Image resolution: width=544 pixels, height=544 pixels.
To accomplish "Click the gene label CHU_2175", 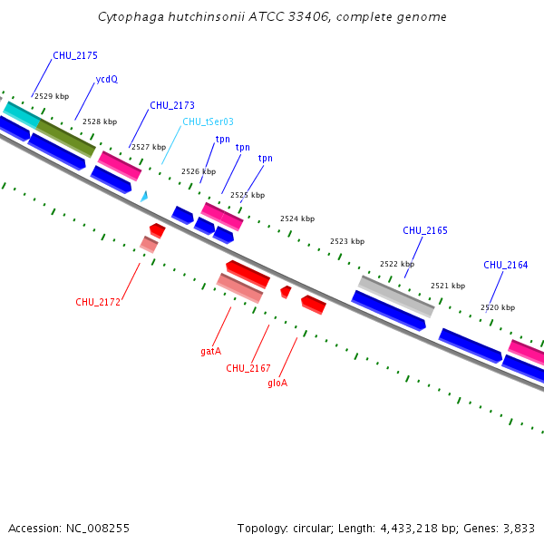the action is [x=75, y=55].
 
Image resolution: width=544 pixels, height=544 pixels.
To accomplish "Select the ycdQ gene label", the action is [x=107, y=79].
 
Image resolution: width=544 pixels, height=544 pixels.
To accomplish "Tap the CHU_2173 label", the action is [x=172, y=105].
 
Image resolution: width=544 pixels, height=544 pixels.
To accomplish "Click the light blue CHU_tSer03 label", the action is [x=208, y=121].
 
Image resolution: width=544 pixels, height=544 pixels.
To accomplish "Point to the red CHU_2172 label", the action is [x=98, y=302].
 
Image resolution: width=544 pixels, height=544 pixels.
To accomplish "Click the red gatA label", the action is [x=211, y=350].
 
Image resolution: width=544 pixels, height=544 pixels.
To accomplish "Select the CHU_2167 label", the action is [x=248, y=367].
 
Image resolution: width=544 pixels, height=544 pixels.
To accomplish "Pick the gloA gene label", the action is [x=277, y=383].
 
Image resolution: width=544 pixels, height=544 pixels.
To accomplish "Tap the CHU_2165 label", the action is [x=425, y=230].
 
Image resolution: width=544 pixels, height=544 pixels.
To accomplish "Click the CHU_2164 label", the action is [x=506, y=265].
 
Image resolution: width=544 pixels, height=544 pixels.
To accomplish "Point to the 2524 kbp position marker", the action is [x=297, y=219].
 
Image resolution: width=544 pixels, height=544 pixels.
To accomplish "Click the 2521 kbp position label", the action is [x=448, y=286].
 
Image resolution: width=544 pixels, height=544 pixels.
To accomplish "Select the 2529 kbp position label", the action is [x=52, y=95].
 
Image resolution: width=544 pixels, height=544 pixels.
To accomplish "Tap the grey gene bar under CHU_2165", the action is [x=395, y=296].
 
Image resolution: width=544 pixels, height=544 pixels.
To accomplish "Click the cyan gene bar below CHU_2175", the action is [x=22, y=115].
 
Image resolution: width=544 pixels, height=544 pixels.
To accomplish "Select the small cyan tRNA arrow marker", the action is [x=144, y=195].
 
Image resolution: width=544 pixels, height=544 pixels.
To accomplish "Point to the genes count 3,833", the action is [x=519, y=528].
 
